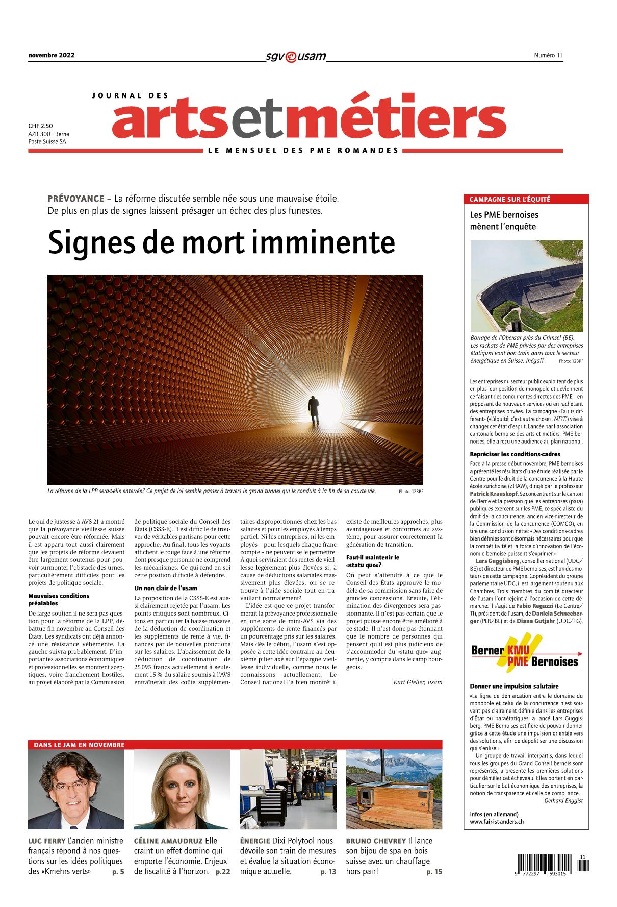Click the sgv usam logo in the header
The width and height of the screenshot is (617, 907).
[296, 56]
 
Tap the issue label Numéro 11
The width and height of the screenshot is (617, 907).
[548, 55]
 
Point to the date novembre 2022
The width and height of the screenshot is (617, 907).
[51, 55]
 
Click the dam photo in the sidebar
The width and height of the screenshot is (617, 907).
[526, 286]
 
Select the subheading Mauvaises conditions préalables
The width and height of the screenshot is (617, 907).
[59, 599]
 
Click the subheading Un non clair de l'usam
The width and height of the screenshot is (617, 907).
[166, 588]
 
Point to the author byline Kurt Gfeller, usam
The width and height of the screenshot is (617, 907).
[418, 682]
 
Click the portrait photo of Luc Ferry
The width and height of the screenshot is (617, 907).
[76, 790]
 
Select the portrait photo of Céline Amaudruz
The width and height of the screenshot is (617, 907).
[182, 790]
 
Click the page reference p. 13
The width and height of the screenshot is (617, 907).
[328, 872]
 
